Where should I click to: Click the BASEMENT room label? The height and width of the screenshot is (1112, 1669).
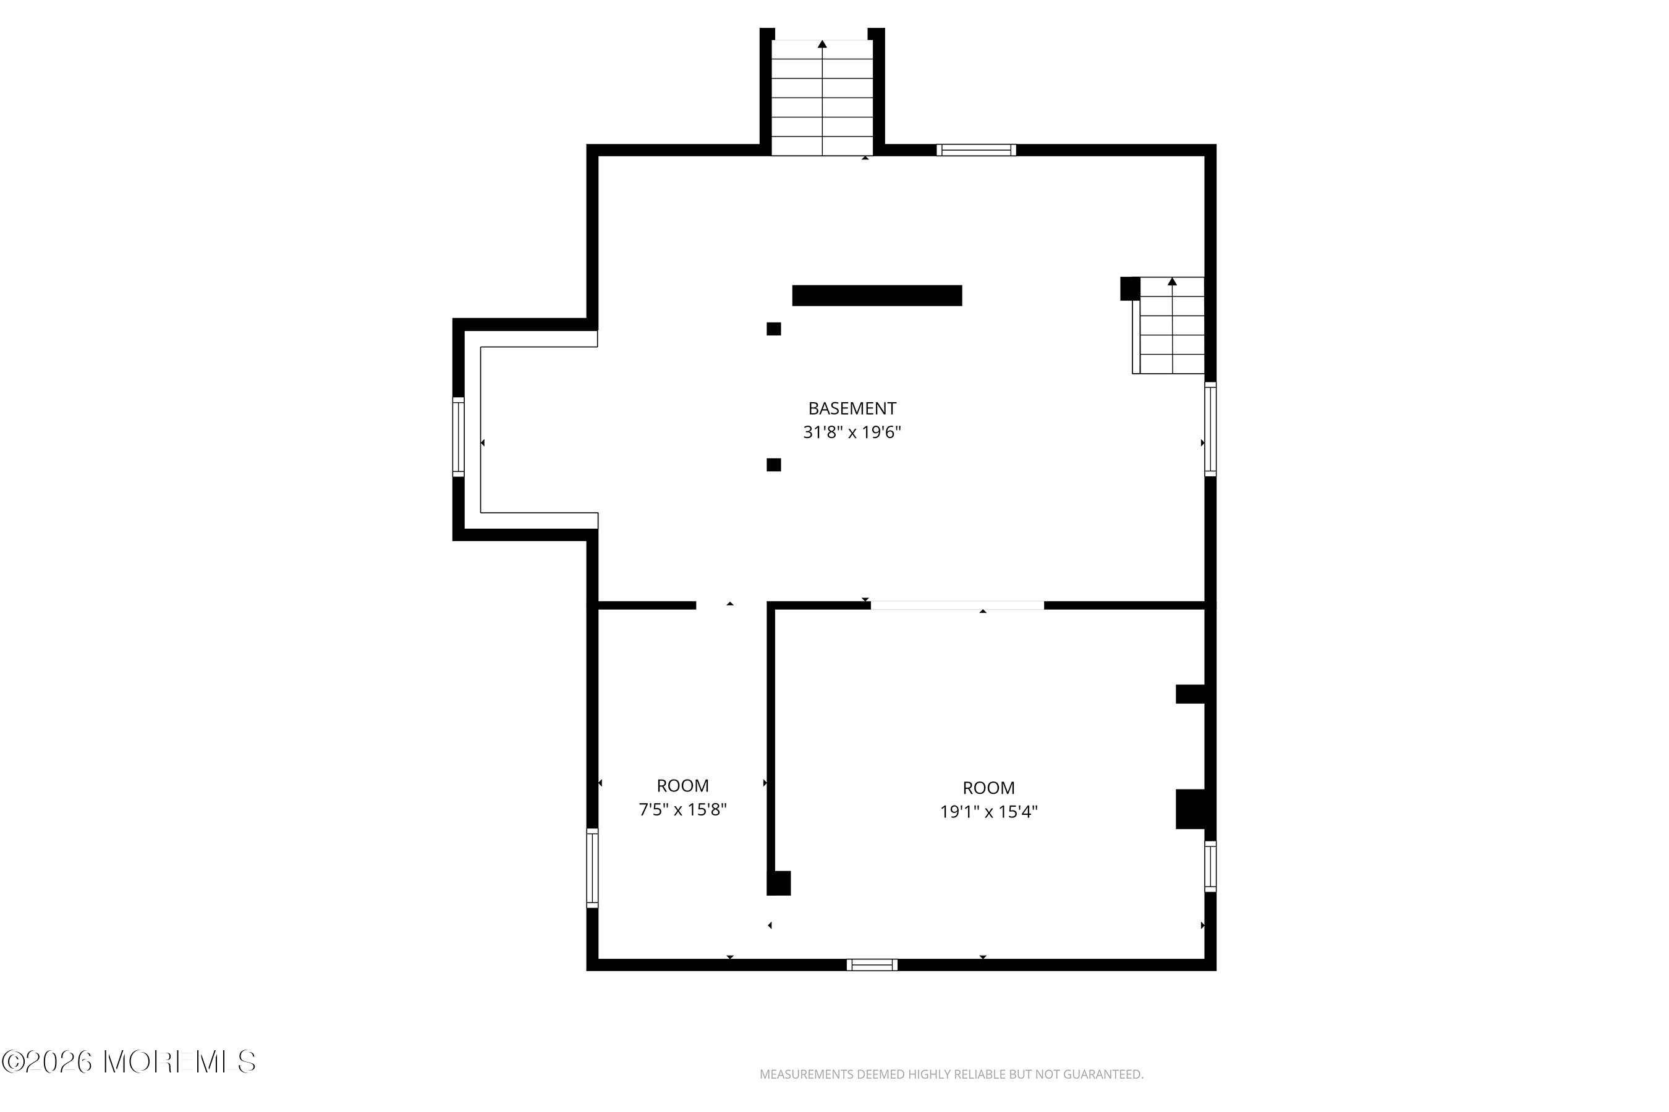(852, 408)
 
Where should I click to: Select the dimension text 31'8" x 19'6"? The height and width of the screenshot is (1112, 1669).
(852, 432)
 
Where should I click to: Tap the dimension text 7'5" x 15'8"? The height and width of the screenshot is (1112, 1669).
(682, 809)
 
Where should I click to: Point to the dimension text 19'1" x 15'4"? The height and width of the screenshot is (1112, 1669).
(988, 811)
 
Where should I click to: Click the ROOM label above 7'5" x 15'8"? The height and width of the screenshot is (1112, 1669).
(682, 786)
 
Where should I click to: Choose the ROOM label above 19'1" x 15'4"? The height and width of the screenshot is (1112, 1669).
(988, 788)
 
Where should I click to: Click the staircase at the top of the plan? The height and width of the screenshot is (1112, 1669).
(822, 97)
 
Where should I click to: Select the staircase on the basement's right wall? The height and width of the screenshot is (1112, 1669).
(1169, 326)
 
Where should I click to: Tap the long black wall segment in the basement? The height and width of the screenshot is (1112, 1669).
(877, 296)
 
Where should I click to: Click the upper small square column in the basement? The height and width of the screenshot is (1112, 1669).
(773, 329)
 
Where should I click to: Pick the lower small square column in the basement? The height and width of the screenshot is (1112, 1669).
(773, 465)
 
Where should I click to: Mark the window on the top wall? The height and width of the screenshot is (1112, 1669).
(977, 150)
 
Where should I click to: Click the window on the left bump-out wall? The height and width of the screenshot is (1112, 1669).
(459, 437)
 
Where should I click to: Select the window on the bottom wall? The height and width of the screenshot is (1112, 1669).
(872, 964)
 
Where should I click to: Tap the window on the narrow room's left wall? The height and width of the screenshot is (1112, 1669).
(592, 868)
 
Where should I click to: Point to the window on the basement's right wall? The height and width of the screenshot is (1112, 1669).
(1210, 429)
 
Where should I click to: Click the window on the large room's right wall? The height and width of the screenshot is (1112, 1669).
(1210, 866)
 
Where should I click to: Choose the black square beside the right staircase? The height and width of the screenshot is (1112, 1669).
(1130, 289)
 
